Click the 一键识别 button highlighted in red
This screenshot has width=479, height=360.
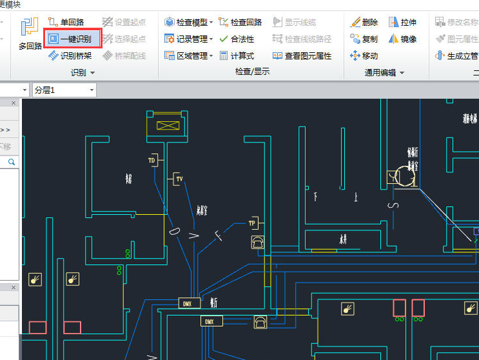71,39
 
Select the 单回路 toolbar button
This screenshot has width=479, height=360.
66,22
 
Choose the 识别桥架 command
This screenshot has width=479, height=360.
70,56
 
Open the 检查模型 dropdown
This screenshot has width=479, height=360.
189,22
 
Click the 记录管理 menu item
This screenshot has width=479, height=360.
189,39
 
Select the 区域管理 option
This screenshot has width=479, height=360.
189,56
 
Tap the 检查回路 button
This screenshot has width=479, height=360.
240,22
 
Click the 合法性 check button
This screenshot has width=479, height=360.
237,39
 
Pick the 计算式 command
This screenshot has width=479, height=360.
237,56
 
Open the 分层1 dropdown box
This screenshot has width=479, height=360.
64,90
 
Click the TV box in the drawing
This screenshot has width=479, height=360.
179,179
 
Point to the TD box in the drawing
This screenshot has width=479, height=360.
152,160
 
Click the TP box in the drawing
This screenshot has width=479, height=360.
252,223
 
